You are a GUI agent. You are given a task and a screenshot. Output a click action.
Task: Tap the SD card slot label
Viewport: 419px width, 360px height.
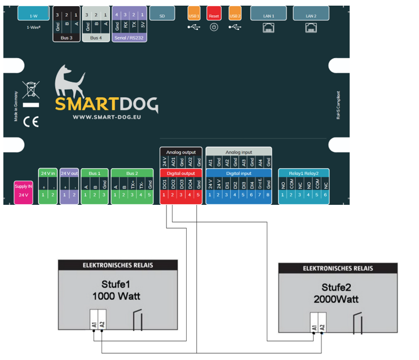(x=162, y=16)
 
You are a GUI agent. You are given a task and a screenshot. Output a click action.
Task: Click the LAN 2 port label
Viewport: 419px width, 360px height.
(x=310, y=16)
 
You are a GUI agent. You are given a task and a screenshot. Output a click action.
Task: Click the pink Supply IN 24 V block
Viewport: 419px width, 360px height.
(x=24, y=191)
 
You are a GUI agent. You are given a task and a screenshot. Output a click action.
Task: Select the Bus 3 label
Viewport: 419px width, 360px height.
(x=67, y=37)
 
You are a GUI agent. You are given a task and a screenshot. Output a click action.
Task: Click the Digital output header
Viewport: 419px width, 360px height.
(x=180, y=174)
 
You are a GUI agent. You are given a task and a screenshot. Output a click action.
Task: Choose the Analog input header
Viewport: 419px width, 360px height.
(x=239, y=152)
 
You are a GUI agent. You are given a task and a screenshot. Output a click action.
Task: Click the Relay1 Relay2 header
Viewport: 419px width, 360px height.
(x=303, y=174)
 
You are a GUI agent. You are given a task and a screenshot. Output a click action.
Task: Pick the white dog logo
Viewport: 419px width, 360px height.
(x=69, y=82)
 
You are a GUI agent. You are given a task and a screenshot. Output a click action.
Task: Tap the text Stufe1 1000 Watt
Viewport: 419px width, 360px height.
(x=117, y=289)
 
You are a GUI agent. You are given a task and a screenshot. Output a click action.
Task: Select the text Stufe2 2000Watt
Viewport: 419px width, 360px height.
(x=336, y=292)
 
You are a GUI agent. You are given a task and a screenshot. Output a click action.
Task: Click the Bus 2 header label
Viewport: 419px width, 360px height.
(x=132, y=174)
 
